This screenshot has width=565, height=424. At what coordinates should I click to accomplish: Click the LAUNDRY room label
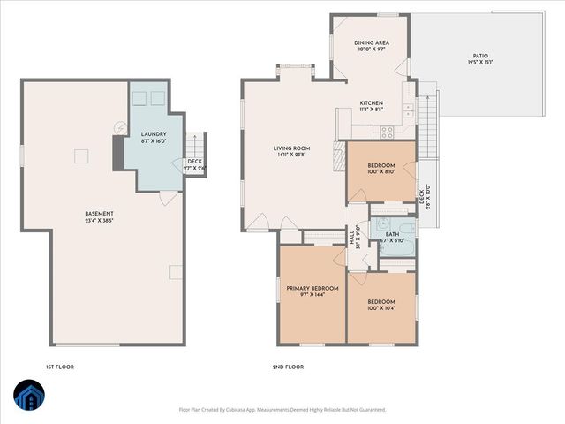[x=154, y=134]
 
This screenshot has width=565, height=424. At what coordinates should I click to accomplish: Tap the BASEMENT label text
[x=99, y=214]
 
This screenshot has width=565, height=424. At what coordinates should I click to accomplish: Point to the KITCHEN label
[x=371, y=103]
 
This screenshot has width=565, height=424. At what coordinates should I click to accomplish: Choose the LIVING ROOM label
[x=289, y=148]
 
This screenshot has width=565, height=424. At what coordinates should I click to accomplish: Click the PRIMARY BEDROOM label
[x=312, y=289]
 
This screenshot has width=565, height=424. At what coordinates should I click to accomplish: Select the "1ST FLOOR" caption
[x=60, y=366]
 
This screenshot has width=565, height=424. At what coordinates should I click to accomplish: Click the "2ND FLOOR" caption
[x=288, y=366]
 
